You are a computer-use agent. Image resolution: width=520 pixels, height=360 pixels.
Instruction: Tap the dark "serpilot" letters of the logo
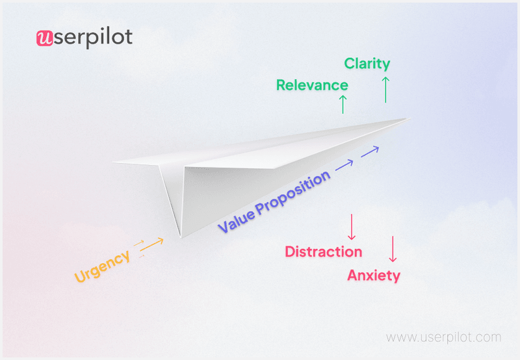92,38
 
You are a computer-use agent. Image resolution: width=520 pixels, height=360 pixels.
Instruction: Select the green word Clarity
367,64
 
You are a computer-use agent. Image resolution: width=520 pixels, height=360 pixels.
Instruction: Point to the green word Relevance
312,85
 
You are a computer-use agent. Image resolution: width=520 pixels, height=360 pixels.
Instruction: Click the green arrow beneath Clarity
385,90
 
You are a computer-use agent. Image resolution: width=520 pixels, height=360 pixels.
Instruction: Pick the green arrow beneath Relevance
343,104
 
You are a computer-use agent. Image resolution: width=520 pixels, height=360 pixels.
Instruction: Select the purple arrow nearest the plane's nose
370,151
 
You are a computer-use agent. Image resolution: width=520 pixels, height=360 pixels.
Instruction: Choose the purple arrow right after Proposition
344,165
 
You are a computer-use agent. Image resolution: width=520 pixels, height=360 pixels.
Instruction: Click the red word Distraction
324,252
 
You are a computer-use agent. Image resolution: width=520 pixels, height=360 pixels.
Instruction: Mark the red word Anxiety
374,276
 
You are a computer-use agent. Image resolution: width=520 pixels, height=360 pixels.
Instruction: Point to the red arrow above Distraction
351,227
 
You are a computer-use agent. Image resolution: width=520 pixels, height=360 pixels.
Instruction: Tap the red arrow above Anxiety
392,249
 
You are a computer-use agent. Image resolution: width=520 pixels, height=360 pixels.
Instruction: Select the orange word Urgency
103,266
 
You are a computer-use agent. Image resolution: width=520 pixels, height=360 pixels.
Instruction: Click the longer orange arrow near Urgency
152,244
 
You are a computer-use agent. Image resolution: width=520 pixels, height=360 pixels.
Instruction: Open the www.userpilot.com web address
444,338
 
